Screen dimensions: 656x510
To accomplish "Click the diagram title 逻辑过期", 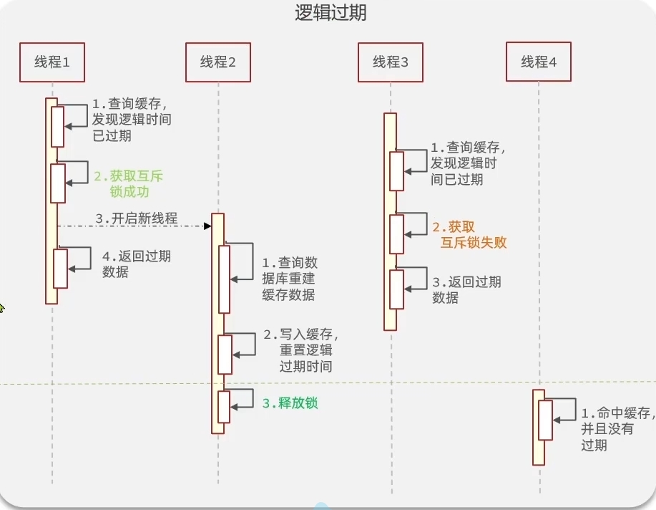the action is [x=331, y=13].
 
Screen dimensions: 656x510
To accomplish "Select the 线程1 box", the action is [x=52, y=62].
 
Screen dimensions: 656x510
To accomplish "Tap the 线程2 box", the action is [x=218, y=62].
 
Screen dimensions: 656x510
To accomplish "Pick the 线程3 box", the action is [x=391, y=62].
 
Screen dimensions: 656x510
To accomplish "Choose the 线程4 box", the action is [x=539, y=62].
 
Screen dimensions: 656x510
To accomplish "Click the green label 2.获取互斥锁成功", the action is [x=129, y=183].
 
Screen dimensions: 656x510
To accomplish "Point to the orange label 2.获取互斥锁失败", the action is [x=469, y=235].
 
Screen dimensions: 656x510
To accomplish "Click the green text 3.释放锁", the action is [x=290, y=403].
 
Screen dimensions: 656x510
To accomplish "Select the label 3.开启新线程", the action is [x=137, y=218].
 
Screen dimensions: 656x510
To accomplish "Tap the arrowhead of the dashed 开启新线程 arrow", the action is [x=208, y=226].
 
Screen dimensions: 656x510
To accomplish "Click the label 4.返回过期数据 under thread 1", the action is [x=137, y=264].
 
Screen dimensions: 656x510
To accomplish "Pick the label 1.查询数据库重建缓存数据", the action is [x=290, y=279].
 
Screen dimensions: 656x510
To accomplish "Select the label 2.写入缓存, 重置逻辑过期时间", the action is [x=300, y=350].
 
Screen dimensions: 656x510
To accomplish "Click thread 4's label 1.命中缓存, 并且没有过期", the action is [x=618, y=429].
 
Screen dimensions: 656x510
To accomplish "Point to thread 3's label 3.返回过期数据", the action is [x=466, y=289].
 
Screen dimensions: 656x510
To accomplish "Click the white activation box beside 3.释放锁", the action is [x=224, y=407].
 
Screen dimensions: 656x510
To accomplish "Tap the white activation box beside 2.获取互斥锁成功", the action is [x=58, y=183].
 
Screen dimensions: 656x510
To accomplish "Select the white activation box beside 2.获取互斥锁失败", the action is [x=396, y=234].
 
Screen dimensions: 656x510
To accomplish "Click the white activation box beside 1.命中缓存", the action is [x=546, y=420].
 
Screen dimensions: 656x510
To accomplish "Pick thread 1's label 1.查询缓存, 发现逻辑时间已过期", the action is [x=132, y=120].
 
